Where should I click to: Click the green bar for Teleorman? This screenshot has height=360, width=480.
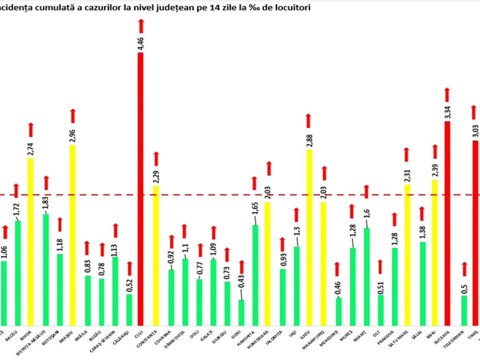[x=464, y=310]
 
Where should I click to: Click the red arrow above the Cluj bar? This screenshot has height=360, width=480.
[x=141, y=26]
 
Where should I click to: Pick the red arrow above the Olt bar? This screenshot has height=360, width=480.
[x=380, y=266]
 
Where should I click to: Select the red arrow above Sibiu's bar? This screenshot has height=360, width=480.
[x=435, y=152]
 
